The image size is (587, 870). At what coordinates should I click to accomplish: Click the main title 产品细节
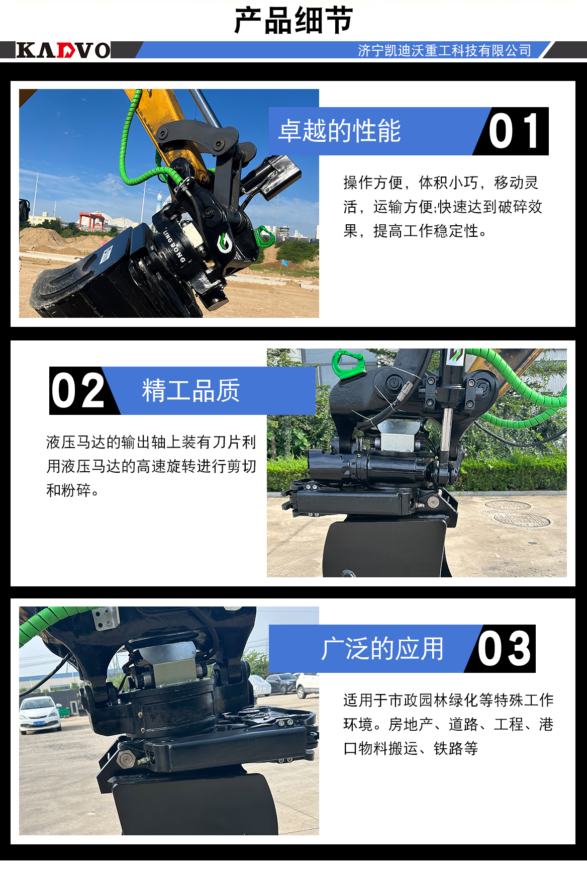293,21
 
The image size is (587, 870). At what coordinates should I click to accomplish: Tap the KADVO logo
63,50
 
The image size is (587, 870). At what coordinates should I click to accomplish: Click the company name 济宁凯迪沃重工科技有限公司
444,51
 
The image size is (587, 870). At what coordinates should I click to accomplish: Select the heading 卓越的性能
340,131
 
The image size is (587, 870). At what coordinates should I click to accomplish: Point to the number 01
514,131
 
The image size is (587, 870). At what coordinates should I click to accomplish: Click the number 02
78,391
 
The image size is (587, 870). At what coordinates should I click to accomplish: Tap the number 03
504,649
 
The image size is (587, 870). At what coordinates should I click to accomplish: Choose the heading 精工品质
191,391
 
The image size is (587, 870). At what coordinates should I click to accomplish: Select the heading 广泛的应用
382,649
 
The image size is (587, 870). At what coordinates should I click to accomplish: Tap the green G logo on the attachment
224,243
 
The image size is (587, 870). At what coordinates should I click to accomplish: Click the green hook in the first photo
264,236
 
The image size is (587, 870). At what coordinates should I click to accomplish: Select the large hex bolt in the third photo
125,759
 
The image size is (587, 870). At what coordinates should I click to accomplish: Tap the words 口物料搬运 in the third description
380,748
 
